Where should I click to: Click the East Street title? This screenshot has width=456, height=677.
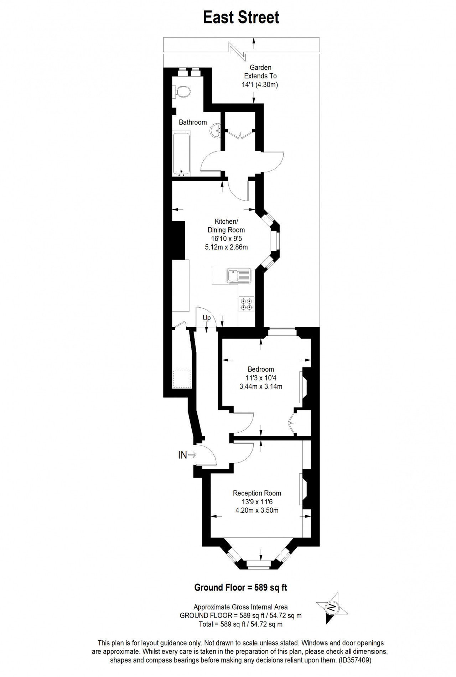[x=241, y=17]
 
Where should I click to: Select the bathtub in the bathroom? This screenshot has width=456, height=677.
[x=181, y=154]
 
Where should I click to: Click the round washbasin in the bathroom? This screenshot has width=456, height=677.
[x=216, y=131]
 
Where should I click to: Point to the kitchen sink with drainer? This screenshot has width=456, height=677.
[x=239, y=276]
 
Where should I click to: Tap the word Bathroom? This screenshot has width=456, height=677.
[x=193, y=122]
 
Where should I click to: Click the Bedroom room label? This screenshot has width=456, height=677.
[x=261, y=369]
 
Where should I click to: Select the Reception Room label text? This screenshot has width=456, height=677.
[x=257, y=493]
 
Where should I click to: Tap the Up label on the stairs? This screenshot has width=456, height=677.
[x=207, y=318]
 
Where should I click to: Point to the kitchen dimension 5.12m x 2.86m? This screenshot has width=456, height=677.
[x=226, y=247]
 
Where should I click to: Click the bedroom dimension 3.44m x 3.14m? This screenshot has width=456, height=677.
[x=261, y=386]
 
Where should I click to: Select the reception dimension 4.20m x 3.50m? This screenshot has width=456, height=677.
[x=257, y=510]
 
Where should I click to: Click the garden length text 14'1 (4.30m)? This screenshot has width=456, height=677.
[x=260, y=85]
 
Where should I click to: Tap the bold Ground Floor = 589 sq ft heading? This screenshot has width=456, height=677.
[x=240, y=588]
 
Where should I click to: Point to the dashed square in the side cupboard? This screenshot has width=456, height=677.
[x=182, y=379]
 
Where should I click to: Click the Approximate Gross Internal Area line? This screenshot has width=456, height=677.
[x=240, y=607]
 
